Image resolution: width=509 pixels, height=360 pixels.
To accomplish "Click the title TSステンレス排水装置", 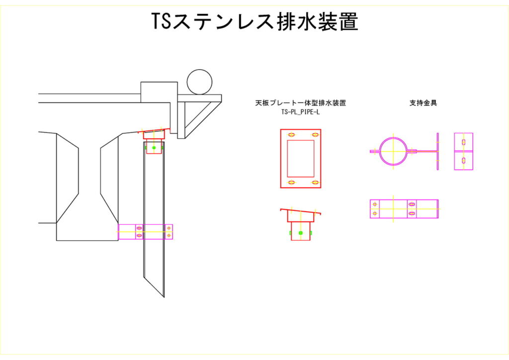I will [254, 22].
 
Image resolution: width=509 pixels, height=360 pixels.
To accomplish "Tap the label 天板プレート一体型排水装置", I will [300, 103].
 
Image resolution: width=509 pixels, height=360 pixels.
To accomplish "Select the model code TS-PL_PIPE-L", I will [300, 112].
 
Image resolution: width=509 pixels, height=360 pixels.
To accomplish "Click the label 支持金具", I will [423, 103].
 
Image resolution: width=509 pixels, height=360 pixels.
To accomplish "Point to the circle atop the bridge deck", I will [199, 82].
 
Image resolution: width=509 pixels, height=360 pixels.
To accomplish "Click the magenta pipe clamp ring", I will [394, 150].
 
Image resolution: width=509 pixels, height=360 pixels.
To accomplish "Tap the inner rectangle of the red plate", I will [301, 158].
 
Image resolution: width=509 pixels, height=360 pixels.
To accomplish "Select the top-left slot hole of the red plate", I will [290, 135].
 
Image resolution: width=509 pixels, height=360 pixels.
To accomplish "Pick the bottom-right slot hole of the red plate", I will [315, 183].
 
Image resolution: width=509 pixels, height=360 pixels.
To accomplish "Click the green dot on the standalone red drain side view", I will [300, 232].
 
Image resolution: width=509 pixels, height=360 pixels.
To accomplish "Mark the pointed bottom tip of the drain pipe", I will [163, 295].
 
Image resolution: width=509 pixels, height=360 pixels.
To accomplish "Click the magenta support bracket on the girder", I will [145, 232].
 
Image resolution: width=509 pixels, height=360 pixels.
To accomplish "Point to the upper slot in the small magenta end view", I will [464, 142].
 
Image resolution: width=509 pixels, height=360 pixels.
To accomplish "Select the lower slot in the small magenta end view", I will [464, 161].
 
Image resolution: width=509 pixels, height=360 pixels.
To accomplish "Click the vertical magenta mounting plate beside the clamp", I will [438, 151].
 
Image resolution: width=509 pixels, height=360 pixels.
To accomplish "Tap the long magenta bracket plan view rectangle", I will [404, 209].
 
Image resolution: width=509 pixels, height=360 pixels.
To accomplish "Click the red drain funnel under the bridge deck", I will [154, 135].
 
